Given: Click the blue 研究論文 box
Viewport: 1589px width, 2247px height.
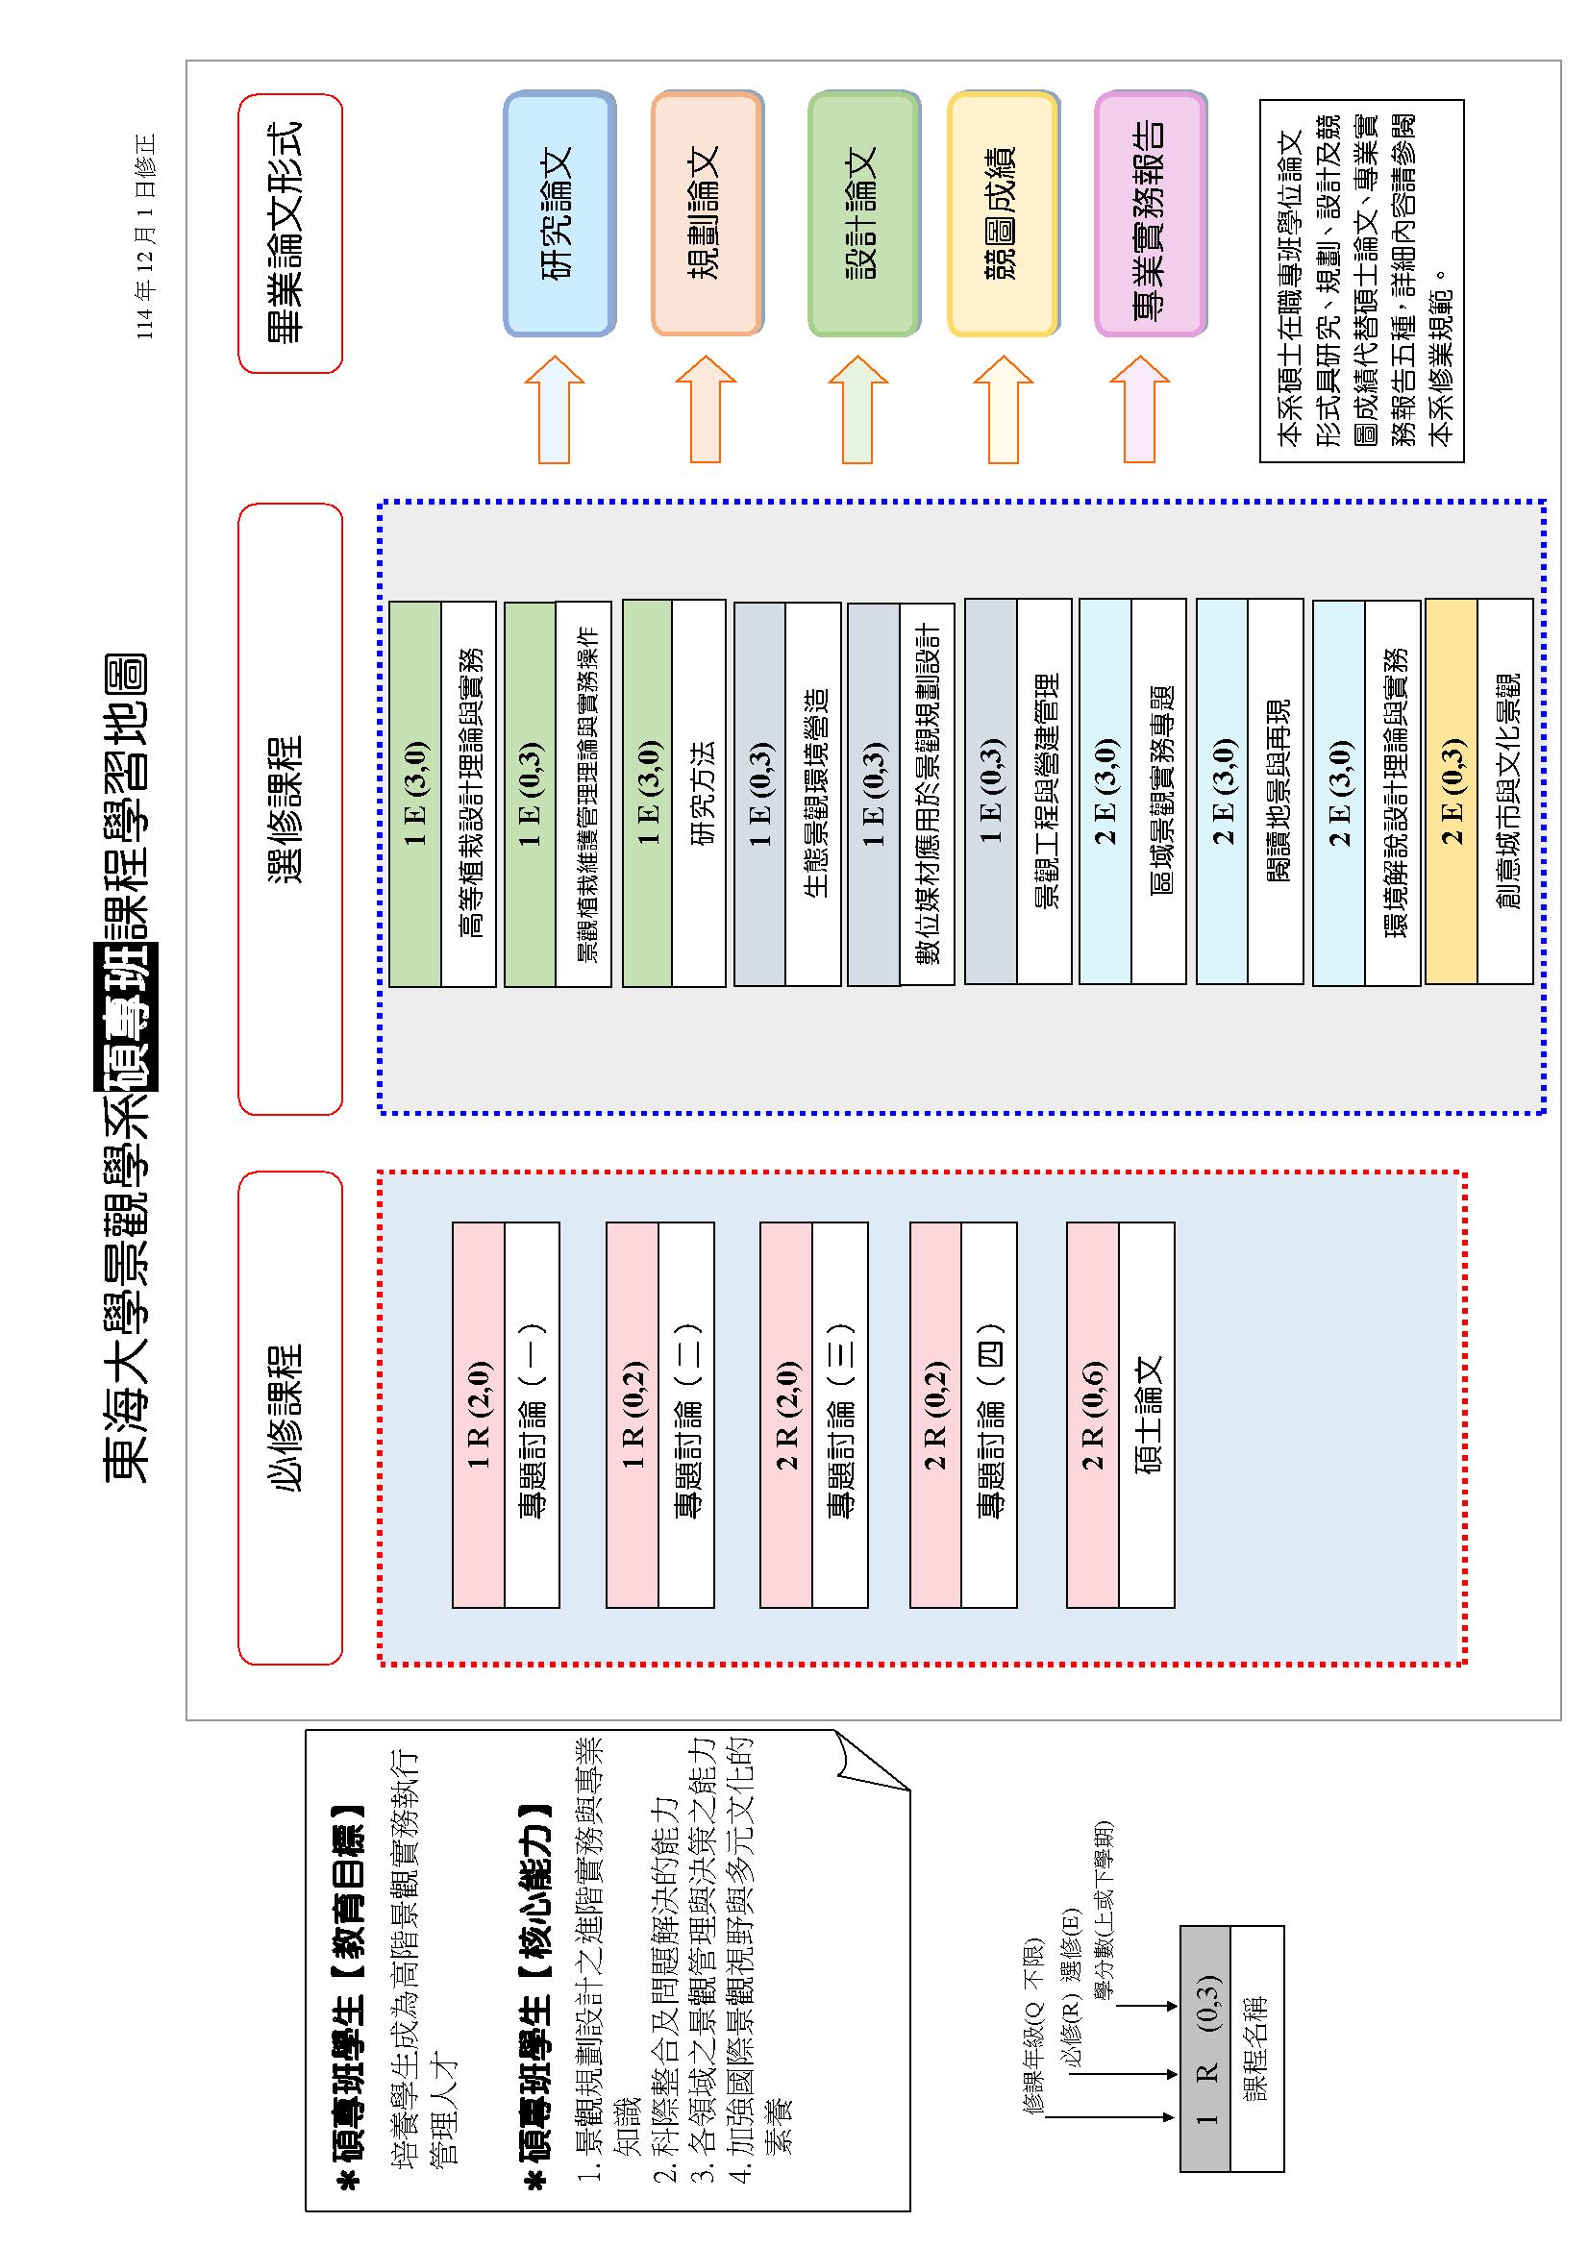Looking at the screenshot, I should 559,213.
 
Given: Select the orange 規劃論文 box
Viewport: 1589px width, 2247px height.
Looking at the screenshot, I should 707,213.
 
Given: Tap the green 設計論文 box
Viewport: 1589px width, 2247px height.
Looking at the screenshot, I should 863,213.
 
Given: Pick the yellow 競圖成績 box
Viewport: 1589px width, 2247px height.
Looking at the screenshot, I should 1003,213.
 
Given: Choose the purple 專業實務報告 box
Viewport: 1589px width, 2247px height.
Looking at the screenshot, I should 1150,213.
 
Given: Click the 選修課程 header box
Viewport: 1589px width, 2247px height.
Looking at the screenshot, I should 289,808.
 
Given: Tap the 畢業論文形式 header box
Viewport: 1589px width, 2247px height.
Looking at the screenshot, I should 289,233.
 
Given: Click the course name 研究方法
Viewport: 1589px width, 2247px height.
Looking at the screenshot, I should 698,793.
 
